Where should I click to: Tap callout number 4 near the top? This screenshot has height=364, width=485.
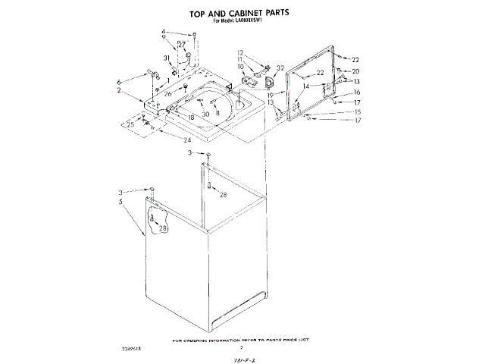(164, 32)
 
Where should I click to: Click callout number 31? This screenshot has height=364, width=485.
(167, 58)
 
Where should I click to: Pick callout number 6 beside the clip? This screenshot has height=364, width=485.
(119, 82)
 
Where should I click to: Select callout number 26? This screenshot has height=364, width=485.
(168, 94)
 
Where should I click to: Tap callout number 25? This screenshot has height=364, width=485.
(130, 124)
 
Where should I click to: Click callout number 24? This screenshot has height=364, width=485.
(186, 140)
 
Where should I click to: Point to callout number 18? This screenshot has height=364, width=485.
(191, 118)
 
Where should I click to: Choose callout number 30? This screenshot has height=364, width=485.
(205, 114)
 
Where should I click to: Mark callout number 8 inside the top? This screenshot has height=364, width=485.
(217, 113)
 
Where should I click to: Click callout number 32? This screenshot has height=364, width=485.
(280, 67)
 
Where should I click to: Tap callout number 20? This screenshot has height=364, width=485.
(355, 71)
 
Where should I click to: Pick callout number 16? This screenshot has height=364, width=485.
(356, 92)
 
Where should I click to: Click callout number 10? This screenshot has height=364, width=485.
(240, 67)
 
